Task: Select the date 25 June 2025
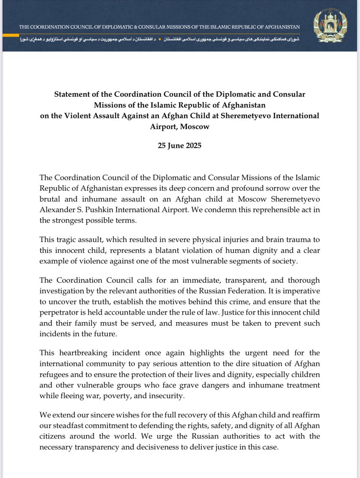click(x=180, y=145)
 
